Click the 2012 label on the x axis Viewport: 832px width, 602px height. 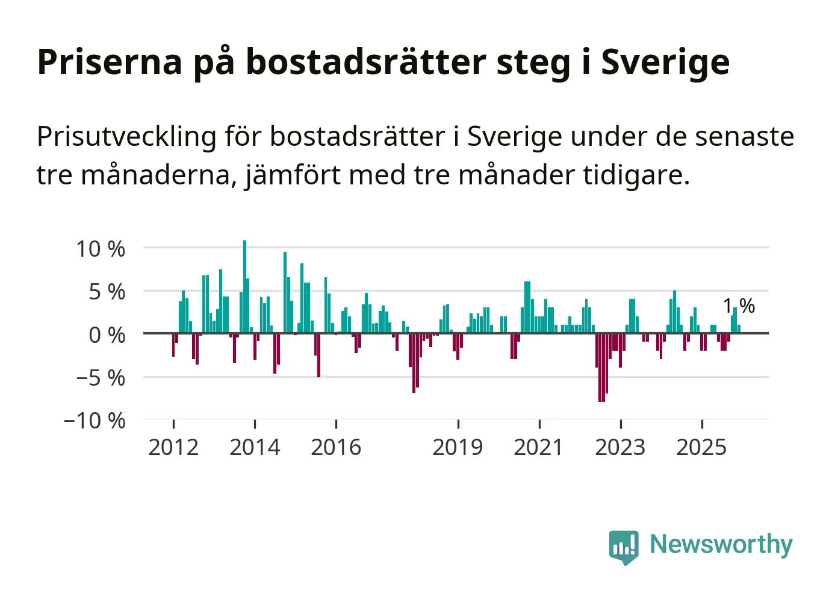(173, 447)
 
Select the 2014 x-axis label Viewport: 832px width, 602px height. (255, 447)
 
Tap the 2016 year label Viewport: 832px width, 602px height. (336, 447)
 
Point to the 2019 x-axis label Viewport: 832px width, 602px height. (458, 447)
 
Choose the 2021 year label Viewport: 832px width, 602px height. (539, 447)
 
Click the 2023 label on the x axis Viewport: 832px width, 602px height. (620, 447)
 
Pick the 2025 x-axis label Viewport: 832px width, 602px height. (701, 447)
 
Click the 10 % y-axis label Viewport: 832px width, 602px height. (101, 249)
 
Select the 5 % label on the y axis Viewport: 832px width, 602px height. (107, 292)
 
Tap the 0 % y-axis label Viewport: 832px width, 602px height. (107, 335)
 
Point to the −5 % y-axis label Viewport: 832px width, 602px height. (101, 378)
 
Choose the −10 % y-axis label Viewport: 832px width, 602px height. (95, 421)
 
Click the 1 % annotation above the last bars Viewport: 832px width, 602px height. (739, 306)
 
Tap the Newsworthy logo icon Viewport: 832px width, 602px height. (623, 547)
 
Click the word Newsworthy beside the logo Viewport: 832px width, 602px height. (721, 544)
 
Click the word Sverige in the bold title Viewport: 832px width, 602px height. (665, 62)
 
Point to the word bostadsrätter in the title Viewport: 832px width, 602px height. (366, 62)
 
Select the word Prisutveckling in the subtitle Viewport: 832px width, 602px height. (126, 137)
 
